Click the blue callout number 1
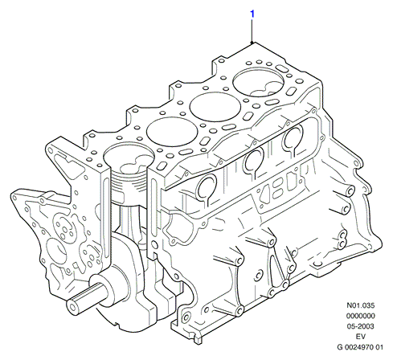[252, 14]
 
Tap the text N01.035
[361, 305]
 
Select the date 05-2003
[361, 326]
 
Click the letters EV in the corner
[361, 337]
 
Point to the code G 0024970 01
[360, 347]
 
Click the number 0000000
[361, 316]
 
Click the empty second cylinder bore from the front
[172, 132]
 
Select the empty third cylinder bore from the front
[215, 106]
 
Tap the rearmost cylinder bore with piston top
[258, 82]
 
